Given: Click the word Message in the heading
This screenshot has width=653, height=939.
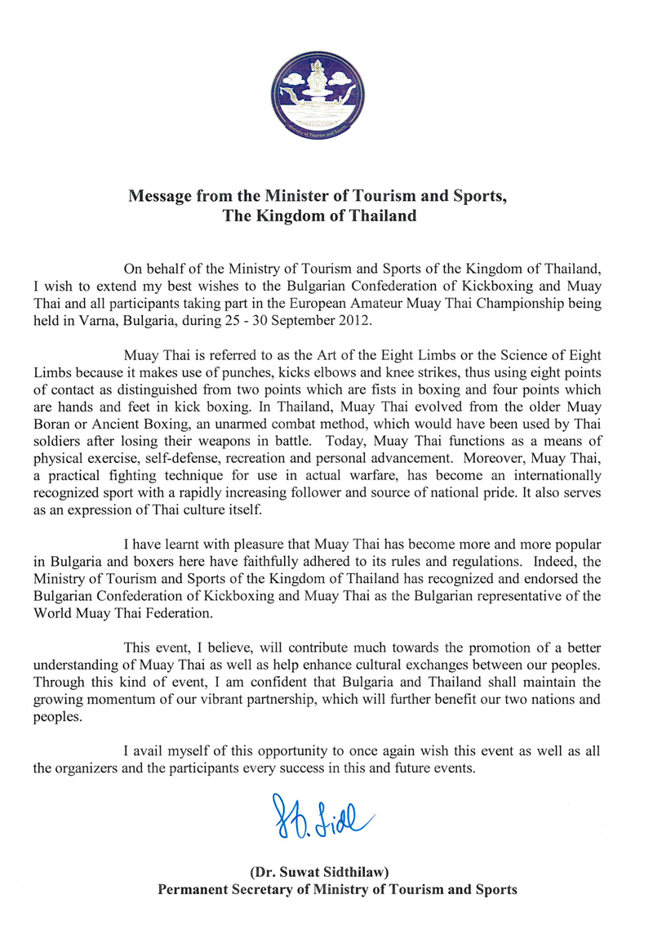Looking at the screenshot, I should pyautogui.click(x=161, y=198).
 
